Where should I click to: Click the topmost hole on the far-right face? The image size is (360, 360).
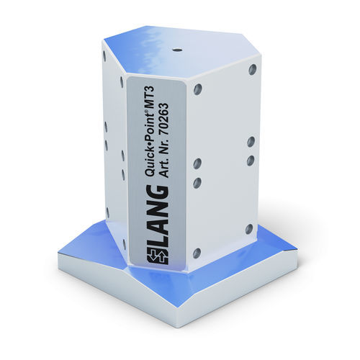[252, 70]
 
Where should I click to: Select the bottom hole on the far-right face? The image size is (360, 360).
[249, 229]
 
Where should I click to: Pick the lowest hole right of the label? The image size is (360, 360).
[197, 253]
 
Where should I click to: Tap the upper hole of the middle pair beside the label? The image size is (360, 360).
[197, 163]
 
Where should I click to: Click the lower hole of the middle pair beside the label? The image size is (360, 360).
[197, 183]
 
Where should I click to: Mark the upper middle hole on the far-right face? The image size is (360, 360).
[251, 142]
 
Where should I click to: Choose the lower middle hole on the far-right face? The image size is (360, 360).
[251, 161]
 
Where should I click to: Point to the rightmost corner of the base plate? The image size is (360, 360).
[297, 248]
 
